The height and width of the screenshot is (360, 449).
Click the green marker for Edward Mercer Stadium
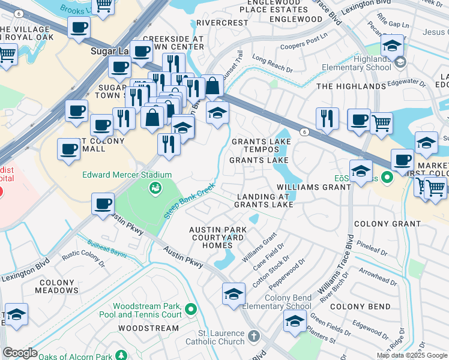pyautogui.click(x=155, y=189)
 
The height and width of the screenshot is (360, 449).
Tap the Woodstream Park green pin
pyautogui.click(x=191, y=310)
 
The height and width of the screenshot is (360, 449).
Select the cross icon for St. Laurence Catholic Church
pyautogui.click(x=255, y=336)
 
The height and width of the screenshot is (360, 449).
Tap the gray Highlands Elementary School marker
pyautogui.click(x=400, y=62)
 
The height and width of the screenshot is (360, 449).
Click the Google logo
pyautogui.click(x=20, y=353)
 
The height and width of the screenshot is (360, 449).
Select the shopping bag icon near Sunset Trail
pyautogui.click(x=212, y=86)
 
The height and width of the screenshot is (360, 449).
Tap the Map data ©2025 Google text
pyautogui.click(x=412, y=355)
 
